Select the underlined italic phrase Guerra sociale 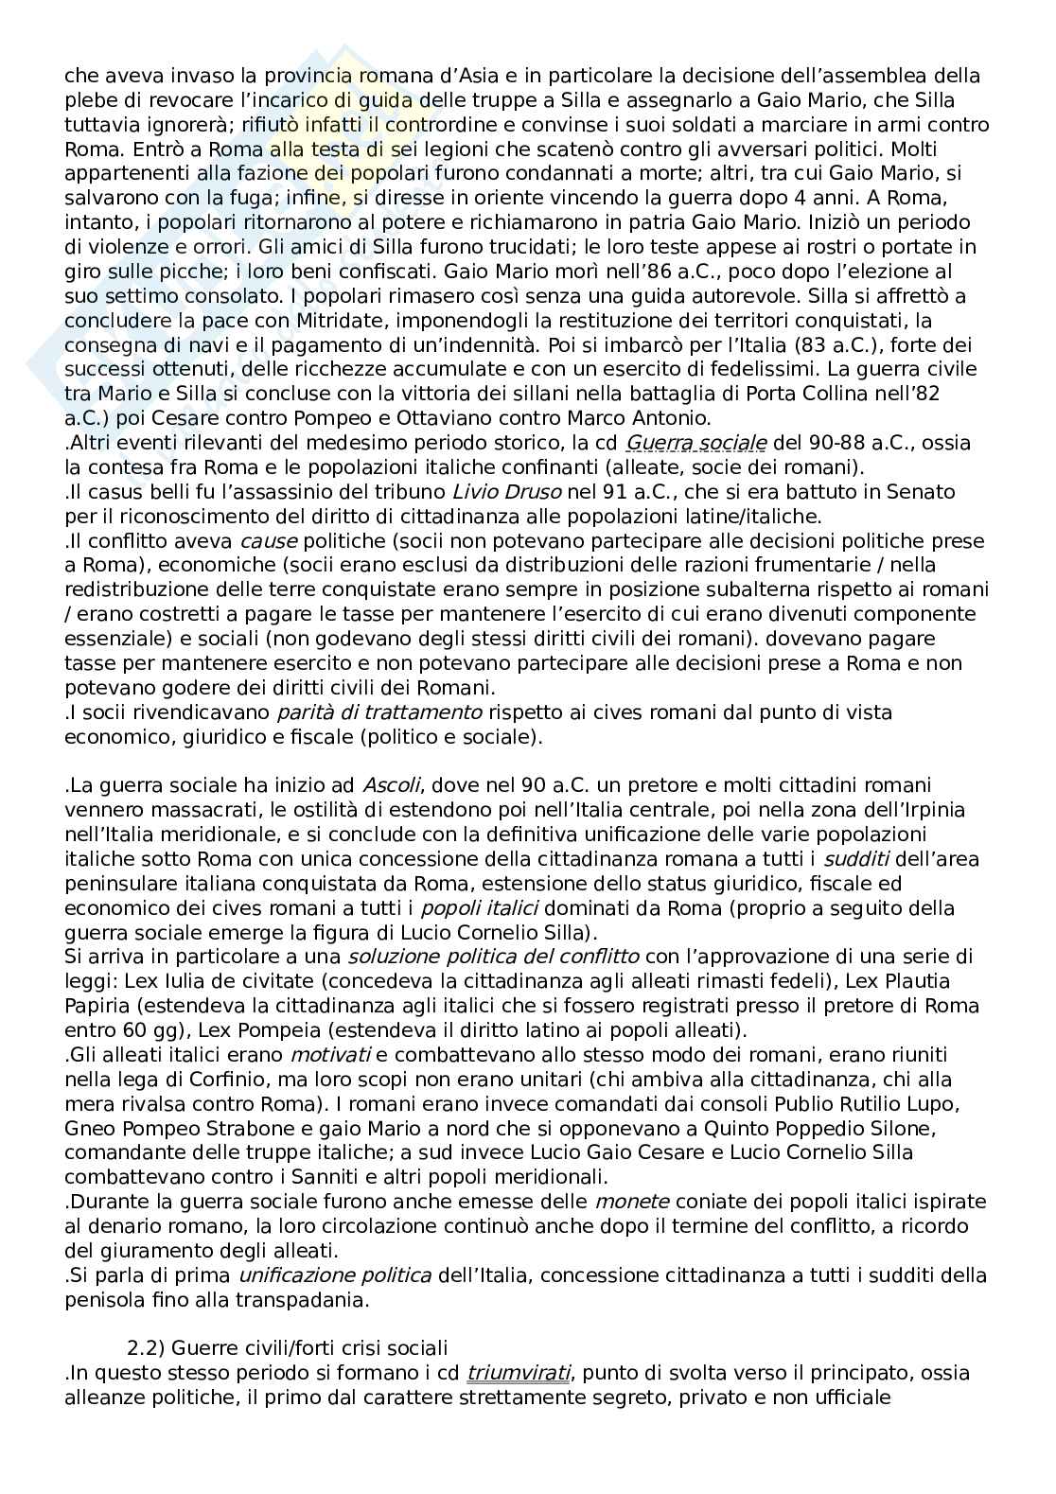point(696,443)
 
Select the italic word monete point(631,1202)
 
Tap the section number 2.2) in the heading point(145,1348)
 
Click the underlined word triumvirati point(518,1373)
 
